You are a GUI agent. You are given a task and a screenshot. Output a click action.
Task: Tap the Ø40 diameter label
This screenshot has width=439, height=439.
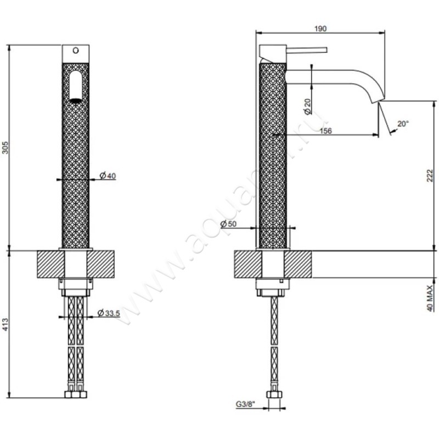(107, 176)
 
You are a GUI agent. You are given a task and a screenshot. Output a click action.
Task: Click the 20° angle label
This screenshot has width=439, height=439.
(403, 124)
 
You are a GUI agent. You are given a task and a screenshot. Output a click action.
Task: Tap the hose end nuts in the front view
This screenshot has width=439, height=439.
(76, 395)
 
